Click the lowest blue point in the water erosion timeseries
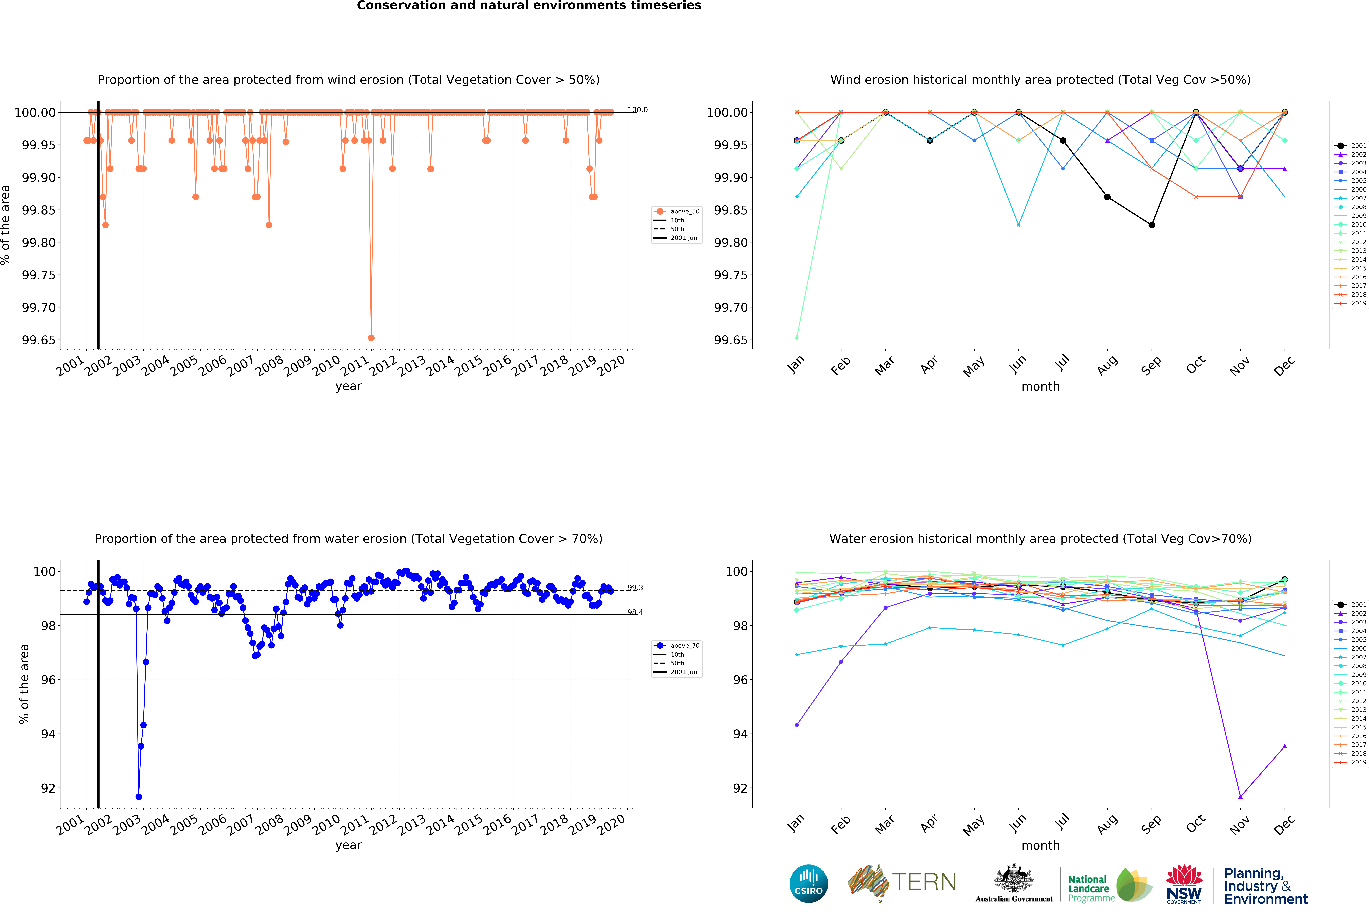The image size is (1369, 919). click(x=138, y=797)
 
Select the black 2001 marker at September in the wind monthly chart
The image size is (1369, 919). click(x=1151, y=225)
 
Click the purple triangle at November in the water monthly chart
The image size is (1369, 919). click(x=1240, y=797)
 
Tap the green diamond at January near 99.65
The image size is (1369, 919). click(x=797, y=338)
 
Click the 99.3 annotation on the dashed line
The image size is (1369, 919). click(x=635, y=588)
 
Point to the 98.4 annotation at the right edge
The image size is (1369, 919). click(x=635, y=612)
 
